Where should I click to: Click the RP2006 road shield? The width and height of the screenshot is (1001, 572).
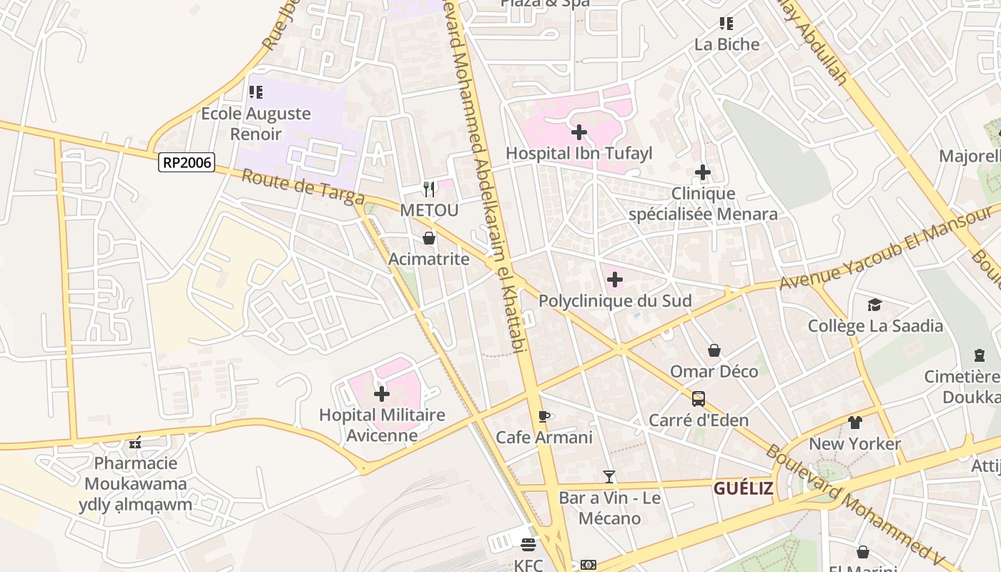tap(187, 162)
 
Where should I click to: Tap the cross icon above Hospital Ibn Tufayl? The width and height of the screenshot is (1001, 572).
tap(579, 132)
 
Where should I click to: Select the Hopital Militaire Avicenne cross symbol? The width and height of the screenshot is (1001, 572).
tap(382, 393)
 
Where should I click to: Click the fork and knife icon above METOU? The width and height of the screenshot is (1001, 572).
tap(429, 189)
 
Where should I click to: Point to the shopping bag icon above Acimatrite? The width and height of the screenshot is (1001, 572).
tap(429, 238)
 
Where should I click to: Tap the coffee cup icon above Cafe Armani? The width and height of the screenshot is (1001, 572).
tap(544, 416)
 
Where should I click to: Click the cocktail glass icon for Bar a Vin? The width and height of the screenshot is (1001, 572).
tap(609, 476)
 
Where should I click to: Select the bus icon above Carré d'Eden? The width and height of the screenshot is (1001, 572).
tap(699, 399)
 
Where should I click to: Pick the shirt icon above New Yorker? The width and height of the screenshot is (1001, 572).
tap(855, 423)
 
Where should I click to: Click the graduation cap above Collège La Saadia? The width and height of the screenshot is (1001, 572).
tap(875, 305)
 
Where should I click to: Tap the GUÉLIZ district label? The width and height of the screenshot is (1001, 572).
tap(744, 488)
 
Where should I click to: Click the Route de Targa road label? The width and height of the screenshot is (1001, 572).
tap(303, 187)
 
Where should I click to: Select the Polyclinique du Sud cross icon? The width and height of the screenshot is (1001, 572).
tap(615, 280)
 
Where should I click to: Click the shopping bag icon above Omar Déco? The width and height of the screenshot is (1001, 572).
tap(714, 350)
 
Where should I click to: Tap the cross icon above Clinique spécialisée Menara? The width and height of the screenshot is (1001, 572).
tap(703, 172)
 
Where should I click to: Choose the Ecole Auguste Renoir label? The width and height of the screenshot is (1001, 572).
tap(255, 123)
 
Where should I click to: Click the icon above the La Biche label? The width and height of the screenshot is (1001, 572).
tap(726, 24)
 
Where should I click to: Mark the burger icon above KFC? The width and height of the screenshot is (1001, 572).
tap(528, 546)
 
